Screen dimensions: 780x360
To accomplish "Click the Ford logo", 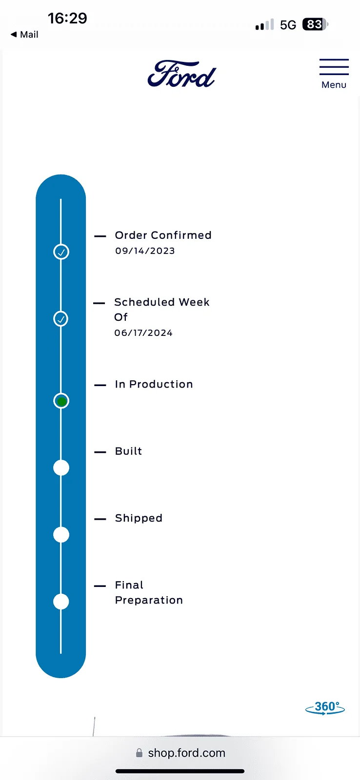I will coord(181,75).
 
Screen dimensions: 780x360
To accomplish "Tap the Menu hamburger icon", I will coord(334,67).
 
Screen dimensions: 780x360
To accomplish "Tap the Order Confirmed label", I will coord(163,235).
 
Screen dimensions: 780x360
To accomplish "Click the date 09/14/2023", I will coord(145,251).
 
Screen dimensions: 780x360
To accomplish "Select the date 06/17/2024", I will coord(143,333).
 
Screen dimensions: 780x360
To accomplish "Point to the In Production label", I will coord(154,384).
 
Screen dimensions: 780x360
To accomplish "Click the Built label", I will coord(128,451).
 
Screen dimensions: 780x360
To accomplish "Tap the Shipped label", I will coord(139,518).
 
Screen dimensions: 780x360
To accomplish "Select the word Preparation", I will coord(149,600).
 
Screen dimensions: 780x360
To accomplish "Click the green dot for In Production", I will coord(61,401).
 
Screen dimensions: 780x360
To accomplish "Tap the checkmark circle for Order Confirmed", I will coord(61,252).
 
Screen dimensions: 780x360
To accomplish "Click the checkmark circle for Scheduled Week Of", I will coord(61,319).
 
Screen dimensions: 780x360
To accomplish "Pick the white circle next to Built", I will coord(61,468).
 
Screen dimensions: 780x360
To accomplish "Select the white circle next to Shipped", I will coord(61,535).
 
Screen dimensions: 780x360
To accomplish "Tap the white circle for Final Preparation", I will coord(61,602).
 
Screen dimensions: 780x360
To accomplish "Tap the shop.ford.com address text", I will coord(186,753).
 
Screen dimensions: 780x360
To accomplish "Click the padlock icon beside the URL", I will coord(140,753).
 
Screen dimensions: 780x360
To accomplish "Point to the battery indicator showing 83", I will coord(315,24).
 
